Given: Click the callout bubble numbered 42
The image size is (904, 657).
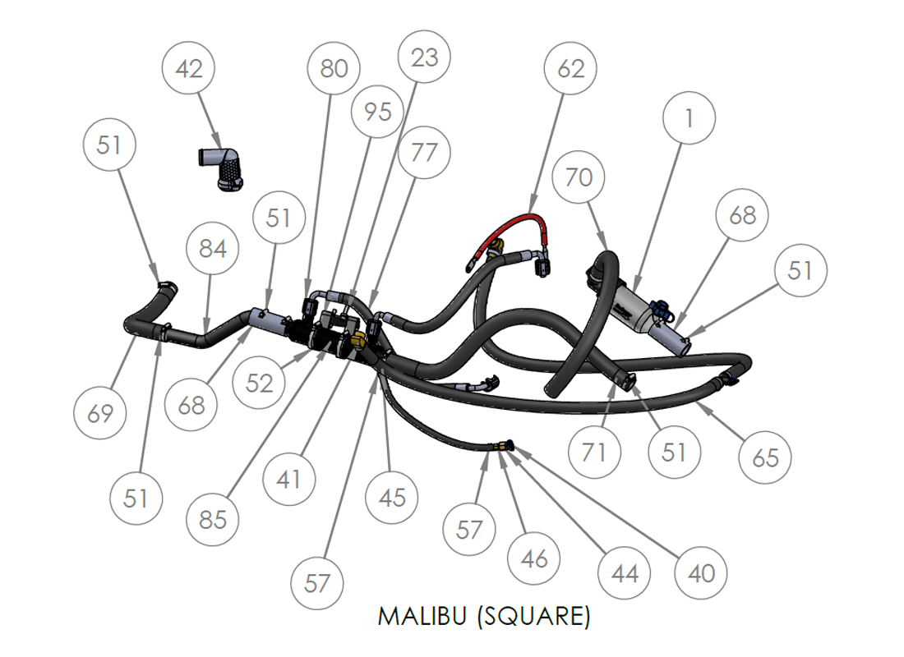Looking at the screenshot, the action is point(189,68).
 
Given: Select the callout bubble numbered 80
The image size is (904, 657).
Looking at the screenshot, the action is point(334,68).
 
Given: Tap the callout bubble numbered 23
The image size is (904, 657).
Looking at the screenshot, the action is point(424,57).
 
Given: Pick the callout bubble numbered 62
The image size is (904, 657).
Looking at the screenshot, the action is point(571,68).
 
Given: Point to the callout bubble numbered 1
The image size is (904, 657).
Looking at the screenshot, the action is point(689,117).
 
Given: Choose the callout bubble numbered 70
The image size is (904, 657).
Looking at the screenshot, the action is point(579,177).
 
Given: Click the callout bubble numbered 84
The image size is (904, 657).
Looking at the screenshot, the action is point(212,248).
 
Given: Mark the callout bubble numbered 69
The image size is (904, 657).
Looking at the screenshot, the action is point(100,412).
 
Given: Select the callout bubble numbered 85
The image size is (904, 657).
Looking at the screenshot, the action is point(212,519).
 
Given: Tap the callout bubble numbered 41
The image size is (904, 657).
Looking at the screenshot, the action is point(288,479).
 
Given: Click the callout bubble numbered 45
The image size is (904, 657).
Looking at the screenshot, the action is point(392,498).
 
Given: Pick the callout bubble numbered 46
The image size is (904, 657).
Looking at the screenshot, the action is point(534,558).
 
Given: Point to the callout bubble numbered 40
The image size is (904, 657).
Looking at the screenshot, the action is point(700,573).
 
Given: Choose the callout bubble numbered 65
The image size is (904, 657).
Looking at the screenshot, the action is point(765,457).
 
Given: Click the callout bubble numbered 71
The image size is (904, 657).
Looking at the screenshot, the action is point(594,452).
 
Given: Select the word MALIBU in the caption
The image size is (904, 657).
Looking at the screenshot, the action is point(422,616).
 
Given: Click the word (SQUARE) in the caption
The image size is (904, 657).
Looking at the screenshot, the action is point(534,616).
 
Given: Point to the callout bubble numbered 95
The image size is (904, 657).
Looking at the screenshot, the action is point(378,111).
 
